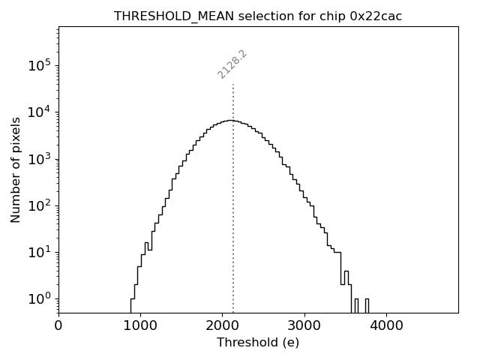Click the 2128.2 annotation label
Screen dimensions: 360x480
point(232,64)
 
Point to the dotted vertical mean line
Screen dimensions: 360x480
point(233,210)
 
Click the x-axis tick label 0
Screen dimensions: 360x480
point(58,325)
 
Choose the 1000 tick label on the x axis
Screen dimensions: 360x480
point(140,325)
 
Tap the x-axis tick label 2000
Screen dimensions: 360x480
point(223,325)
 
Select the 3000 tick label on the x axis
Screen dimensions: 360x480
point(304,325)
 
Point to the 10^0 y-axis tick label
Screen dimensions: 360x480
point(38,299)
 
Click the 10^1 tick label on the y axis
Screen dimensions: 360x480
point(38,253)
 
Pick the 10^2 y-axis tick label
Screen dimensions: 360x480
point(38,205)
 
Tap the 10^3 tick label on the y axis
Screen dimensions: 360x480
point(38,159)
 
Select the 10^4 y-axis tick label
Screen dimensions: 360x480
point(38,112)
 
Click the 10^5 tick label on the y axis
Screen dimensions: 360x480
point(38,66)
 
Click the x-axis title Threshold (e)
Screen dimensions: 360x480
point(258,343)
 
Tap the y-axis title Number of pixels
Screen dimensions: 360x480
point(16,169)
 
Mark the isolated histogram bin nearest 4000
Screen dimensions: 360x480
point(367,305)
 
